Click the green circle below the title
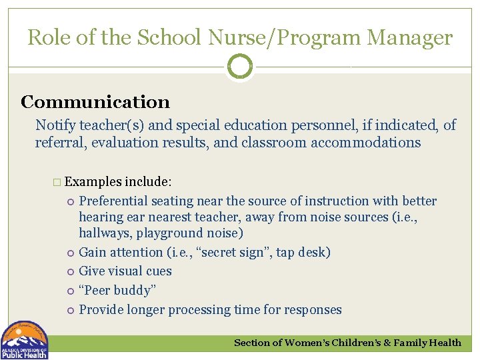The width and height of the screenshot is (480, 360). [240, 67]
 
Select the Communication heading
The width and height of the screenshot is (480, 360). [95, 102]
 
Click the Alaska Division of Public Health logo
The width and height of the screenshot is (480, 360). [25, 340]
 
